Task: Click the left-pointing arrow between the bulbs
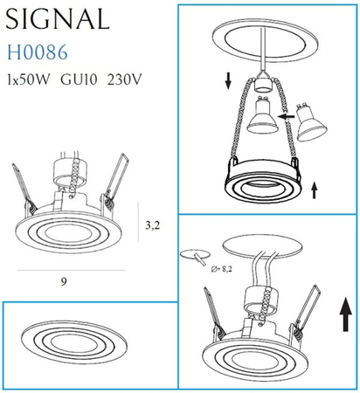(286, 116)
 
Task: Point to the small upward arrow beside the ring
(314, 186)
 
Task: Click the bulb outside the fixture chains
(310, 122)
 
